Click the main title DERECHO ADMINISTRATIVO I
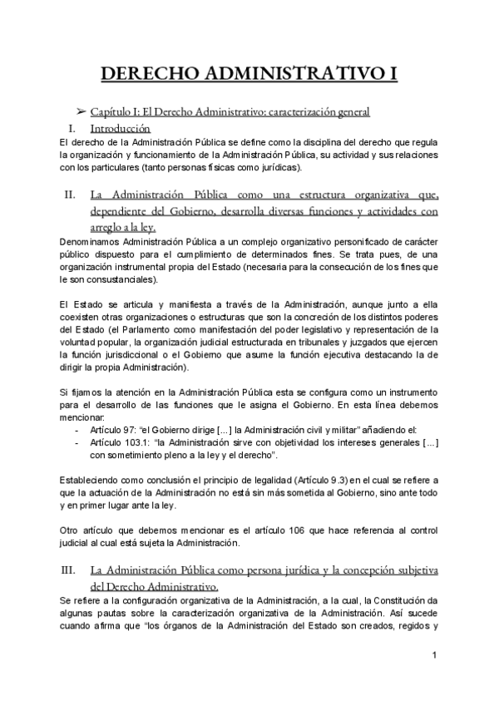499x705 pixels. coord(249,74)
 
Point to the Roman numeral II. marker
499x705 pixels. coord(70,195)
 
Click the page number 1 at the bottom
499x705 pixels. coord(434,658)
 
